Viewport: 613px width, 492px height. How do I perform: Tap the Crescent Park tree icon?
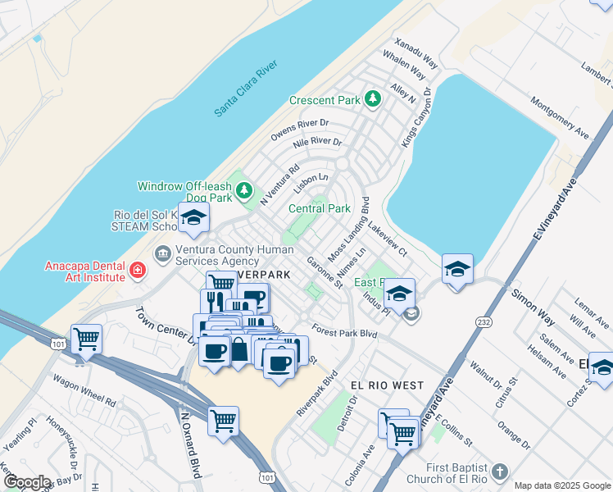click(374, 100)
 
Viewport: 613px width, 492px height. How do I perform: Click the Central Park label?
click(320, 208)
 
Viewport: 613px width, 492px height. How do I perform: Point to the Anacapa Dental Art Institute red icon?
click(138, 269)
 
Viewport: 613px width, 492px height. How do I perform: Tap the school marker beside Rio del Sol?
click(193, 218)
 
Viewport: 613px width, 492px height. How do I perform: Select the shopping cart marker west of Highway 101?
click(86, 337)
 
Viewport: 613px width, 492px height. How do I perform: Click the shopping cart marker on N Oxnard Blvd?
click(223, 421)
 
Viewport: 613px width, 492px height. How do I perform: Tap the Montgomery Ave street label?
click(560, 117)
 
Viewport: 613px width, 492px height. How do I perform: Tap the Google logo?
click(26, 482)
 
